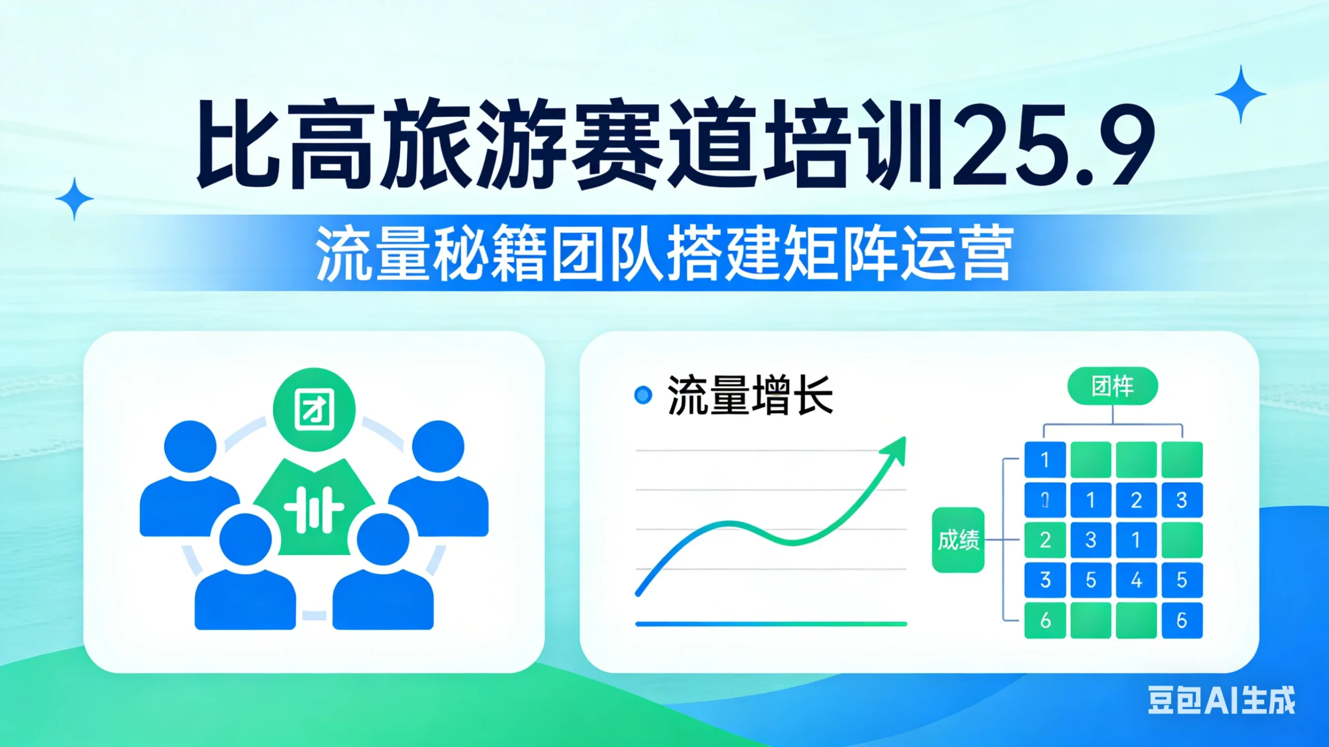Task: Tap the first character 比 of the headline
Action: [237, 145]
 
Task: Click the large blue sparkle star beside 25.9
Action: [1240, 94]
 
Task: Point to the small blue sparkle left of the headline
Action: [75, 199]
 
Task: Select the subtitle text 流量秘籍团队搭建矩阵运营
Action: [664, 254]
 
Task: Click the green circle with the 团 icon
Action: [314, 409]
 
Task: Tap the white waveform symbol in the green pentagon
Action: [314, 510]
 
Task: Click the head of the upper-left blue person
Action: [191, 446]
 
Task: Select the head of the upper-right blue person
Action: [438, 446]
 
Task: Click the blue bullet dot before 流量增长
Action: [643, 395]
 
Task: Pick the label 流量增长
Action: [750, 396]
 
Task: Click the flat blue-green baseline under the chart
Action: [771, 624]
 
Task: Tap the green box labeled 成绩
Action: [958, 540]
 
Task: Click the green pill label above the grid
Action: [1113, 386]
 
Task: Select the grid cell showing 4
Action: [1136, 580]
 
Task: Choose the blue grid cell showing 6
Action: [1182, 620]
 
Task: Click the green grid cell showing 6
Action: [1045, 620]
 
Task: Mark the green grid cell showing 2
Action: [1045, 540]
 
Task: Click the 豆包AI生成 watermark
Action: [1221, 700]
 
